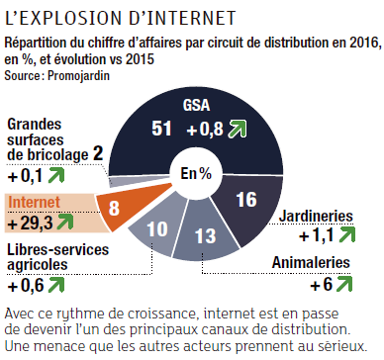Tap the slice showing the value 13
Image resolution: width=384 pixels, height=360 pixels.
(205, 235)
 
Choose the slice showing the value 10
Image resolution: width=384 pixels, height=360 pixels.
(159, 226)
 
